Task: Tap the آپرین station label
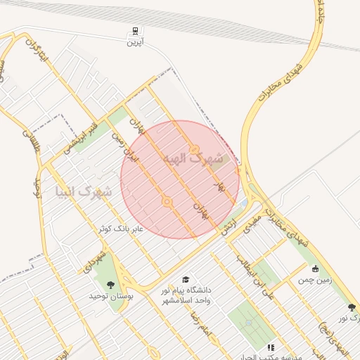coord(134,42)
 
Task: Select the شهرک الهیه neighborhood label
coord(193,160)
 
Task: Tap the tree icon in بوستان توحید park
coord(110,284)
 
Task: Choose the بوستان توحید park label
coord(106,296)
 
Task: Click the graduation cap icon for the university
coord(186,279)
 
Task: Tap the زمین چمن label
coord(314,280)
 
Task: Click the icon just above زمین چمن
coord(314,269)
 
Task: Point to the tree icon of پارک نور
coord(352,307)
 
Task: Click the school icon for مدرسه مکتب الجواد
coord(270,347)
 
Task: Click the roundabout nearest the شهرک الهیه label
coord(193,149)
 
